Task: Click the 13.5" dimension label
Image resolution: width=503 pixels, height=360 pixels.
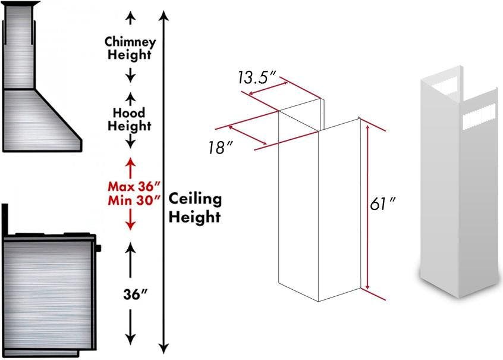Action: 257,77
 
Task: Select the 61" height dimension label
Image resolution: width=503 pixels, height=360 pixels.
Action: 382,204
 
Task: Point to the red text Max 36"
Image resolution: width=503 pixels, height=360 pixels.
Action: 134,186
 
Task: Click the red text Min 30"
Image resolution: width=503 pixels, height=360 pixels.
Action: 134,201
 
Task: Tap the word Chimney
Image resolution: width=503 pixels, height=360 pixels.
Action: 130,42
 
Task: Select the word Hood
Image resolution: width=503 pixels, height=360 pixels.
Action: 129,112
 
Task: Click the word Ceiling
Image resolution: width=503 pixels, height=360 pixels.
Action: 195,199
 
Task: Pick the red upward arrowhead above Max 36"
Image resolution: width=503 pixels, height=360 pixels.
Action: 130,162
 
